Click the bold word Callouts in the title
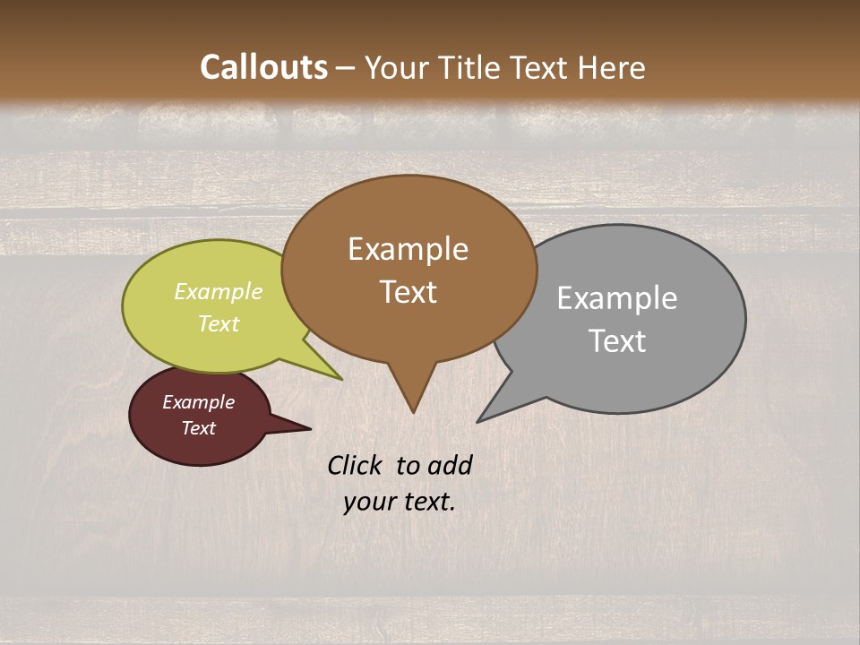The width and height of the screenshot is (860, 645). click(263, 67)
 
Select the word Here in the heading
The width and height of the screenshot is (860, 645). click(611, 67)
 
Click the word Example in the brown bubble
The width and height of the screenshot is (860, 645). click(408, 249)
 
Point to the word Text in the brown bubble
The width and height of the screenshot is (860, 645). click(408, 292)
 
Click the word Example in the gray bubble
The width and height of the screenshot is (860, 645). click(617, 298)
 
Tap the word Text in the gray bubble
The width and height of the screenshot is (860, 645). click(617, 341)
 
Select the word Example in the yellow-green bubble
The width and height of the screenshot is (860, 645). click(219, 291)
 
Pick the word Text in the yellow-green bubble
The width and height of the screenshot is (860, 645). click(219, 323)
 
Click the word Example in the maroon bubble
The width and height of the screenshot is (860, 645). click(198, 402)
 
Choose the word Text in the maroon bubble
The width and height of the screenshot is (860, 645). click(198, 428)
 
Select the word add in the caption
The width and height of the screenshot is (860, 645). click(449, 465)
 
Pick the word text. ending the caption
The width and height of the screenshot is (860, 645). click(426, 502)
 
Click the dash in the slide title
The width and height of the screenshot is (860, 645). click(347, 68)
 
